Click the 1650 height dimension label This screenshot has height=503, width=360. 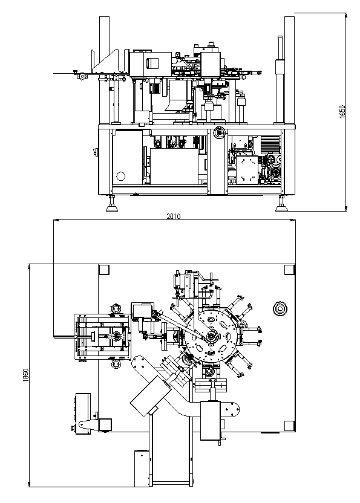pyautogui.click(x=342, y=111)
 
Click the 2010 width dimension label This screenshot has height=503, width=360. pyautogui.click(x=174, y=216)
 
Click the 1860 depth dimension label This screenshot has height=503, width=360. pyautogui.click(x=26, y=375)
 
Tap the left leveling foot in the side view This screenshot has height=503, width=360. pyautogui.click(x=112, y=205)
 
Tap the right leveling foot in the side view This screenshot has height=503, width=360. pyautogui.click(x=281, y=205)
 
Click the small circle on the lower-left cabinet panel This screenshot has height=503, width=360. pyautogui.click(x=121, y=176)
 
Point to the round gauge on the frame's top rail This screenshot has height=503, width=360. pyautogui.click(x=219, y=132)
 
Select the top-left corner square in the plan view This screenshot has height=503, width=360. pyautogui.click(x=104, y=270)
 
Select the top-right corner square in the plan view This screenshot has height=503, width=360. pyautogui.click(x=289, y=270)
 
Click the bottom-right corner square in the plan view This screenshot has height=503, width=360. pyautogui.click(x=289, y=426)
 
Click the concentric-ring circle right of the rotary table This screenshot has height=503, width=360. pyautogui.click(x=280, y=309)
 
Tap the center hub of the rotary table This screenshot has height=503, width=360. pyautogui.click(x=211, y=337)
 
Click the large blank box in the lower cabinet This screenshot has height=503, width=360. pyautogui.click(x=174, y=166)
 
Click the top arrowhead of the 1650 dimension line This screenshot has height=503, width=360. pyautogui.click(x=346, y=15)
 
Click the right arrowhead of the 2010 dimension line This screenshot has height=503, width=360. pyautogui.click(x=293, y=220)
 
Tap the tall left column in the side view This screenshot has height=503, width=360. pyautogui.click(x=105, y=70)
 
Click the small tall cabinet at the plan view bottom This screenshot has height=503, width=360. pyautogui.click(x=142, y=469)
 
